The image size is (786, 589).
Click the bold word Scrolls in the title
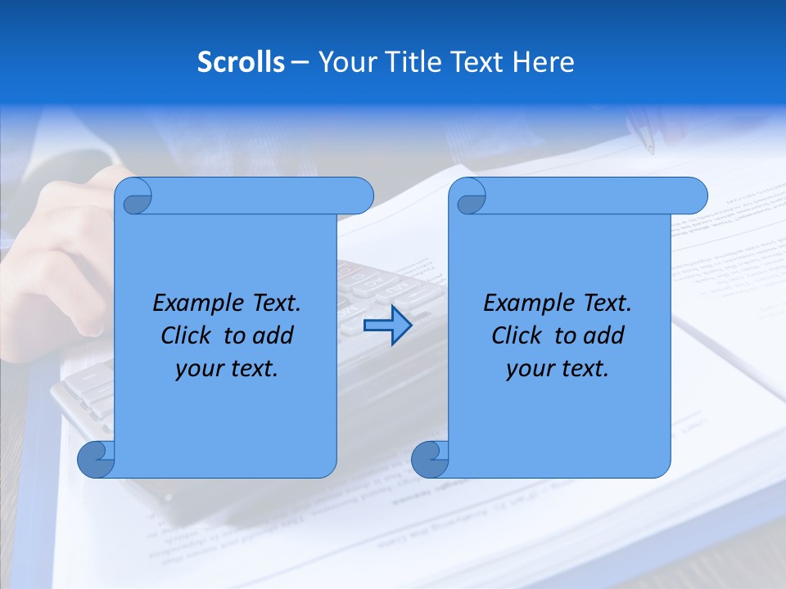coord(242,62)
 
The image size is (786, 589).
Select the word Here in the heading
coord(544,62)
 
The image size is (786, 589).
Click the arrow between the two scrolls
coord(387,326)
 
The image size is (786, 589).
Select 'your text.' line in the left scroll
coord(227,369)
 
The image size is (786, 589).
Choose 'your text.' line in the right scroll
coord(558,369)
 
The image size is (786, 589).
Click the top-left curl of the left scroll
coord(135,197)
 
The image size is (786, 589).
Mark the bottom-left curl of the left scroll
coord(95,459)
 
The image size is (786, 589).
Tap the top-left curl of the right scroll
coord(469,197)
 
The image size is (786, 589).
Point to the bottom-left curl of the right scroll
coord(429,459)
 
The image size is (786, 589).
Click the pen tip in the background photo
coord(650,149)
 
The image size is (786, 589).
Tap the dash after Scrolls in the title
coord(300,62)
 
